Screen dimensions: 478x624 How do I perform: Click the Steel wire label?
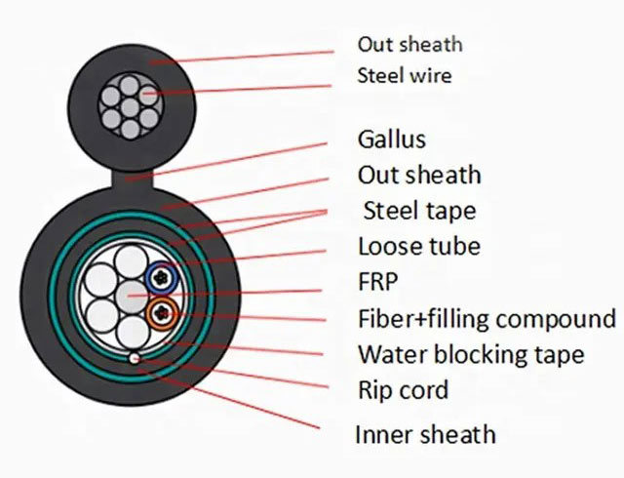click(405, 75)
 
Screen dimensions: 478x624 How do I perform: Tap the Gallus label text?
click(392, 139)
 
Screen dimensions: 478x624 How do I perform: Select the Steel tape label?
click(419, 210)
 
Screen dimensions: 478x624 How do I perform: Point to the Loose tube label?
click(419, 246)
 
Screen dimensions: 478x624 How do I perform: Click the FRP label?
click(378, 282)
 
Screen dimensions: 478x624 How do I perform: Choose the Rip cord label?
click(403, 390)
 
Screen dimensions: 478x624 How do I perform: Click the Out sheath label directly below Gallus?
click(419, 175)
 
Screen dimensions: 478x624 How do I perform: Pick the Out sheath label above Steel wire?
click(409, 44)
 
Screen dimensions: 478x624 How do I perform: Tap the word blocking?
click(479, 354)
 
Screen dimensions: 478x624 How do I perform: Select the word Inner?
click(382, 434)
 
